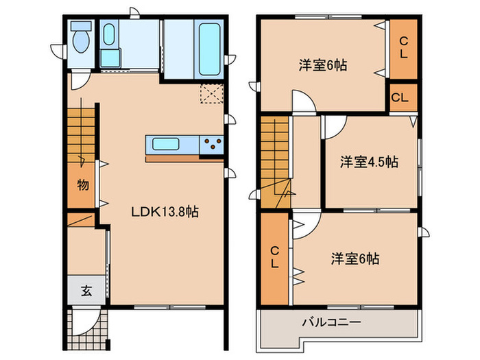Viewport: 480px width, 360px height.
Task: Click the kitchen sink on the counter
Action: (x=167, y=145)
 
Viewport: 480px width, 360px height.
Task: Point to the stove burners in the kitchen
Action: (x=212, y=145)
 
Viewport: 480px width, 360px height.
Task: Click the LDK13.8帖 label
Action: (x=165, y=212)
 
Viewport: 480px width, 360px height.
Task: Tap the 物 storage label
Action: (x=82, y=185)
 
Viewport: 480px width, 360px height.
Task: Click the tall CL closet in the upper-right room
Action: (x=403, y=47)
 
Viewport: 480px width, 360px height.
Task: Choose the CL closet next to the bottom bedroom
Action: (x=274, y=256)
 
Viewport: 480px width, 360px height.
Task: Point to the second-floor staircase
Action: (x=274, y=151)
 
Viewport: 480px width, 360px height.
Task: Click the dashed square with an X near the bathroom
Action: (x=208, y=93)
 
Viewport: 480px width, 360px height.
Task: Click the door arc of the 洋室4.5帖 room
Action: (x=334, y=126)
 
